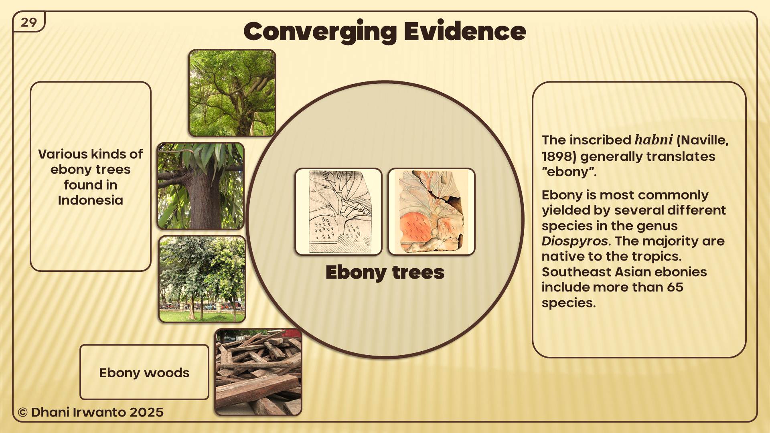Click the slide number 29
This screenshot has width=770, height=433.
tap(29, 22)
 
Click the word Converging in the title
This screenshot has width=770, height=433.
tap(320, 32)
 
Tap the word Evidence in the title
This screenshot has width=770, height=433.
tap(465, 31)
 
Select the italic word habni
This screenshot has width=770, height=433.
tap(653, 140)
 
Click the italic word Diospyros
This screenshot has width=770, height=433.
tap(575, 241)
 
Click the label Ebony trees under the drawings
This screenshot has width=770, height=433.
tap(385, 273)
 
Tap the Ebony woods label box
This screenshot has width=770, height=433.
tap(144, 372)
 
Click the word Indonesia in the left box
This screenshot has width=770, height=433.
tap(90, 200)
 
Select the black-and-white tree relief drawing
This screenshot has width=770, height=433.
tap(338, 212)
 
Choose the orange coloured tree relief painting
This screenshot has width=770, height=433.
tap(432, 212)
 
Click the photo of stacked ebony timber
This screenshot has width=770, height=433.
tap(258, 372)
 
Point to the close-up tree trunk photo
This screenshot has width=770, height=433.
tap(201, 186)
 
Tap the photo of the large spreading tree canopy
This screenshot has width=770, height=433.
tap(232, 93)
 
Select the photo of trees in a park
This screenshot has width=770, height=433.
tap(202, 279)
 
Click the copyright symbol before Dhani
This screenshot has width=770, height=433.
tap(23, 412)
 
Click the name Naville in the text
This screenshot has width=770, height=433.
tap(702, 140)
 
